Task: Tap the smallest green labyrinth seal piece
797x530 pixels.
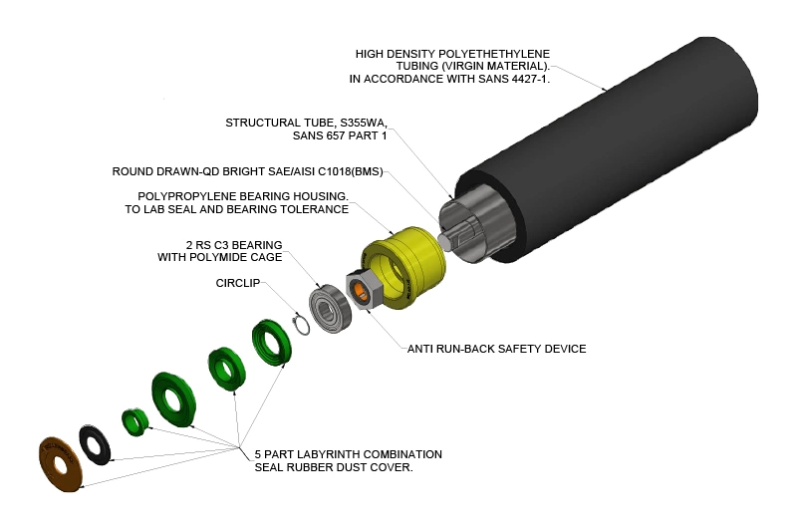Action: (x=133, y=419)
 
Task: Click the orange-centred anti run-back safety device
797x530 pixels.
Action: (x=360, y=291)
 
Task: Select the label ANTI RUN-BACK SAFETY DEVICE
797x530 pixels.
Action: (x=496, y=349)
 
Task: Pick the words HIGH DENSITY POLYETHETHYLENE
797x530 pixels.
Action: (x=452, y=53)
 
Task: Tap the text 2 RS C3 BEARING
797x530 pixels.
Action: (x=234, y=244)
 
